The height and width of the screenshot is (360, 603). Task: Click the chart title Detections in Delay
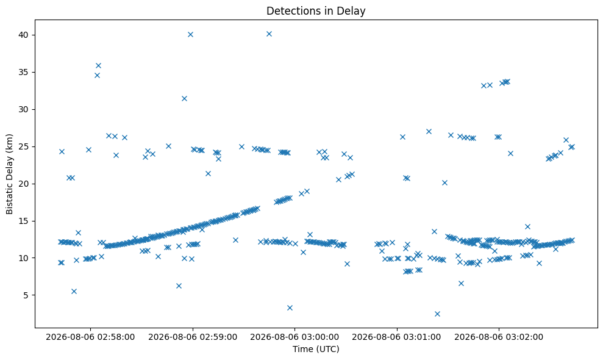[316, 11]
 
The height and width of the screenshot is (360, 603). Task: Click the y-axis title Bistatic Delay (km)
[9, 174]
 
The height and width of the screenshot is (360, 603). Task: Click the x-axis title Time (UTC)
[316, 349]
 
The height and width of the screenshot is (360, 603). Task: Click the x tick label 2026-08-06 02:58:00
[90, 337]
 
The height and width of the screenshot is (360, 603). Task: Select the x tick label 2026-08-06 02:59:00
[193, 337]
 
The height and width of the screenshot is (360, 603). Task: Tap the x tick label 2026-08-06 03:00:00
[294, 337]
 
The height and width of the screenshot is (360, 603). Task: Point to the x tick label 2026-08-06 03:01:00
[396, 337]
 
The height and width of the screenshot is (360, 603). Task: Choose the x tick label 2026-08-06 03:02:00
[499, 337]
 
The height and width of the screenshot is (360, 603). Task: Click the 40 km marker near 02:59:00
[190, 35]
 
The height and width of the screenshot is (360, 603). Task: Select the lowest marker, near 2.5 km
[437, 314]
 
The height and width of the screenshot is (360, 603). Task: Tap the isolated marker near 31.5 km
[184, 99]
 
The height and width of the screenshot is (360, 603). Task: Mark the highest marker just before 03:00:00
[269, 34]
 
